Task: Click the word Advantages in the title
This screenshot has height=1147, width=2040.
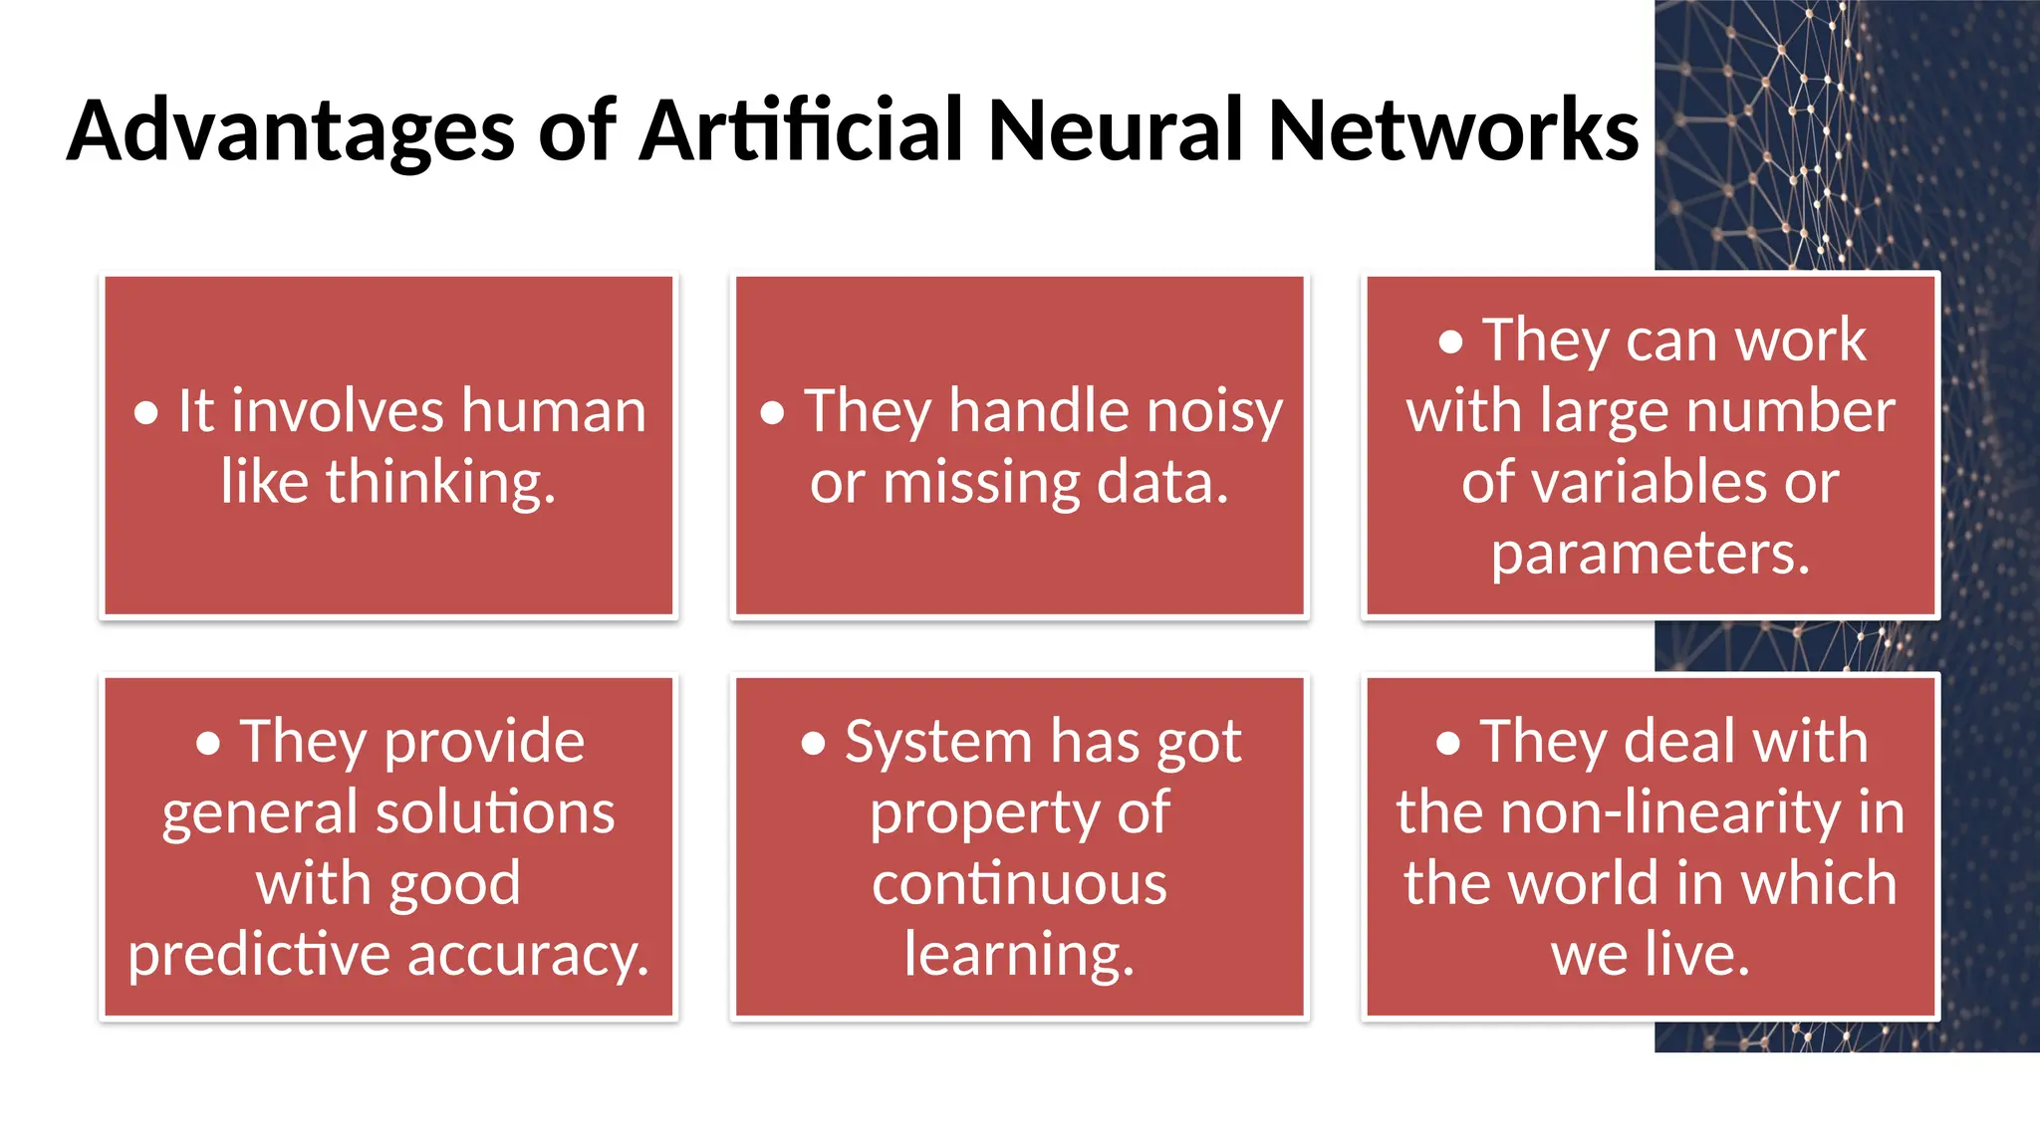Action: [291, 131]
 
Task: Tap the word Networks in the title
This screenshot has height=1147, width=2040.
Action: [1453, 131]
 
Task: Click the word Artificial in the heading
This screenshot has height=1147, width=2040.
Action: [802, 131]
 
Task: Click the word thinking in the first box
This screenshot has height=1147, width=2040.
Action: [440, 483]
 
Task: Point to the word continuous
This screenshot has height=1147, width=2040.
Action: [1019, 884]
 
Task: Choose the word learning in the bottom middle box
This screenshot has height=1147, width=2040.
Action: [1019, 955]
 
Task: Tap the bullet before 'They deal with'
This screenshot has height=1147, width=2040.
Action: [1448, 743]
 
